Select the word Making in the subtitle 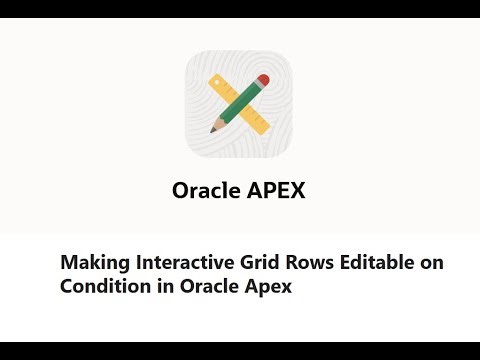pos(91,262)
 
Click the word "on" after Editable pos(428,262)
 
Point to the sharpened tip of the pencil pos(212,131)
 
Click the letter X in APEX pos(297,190)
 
